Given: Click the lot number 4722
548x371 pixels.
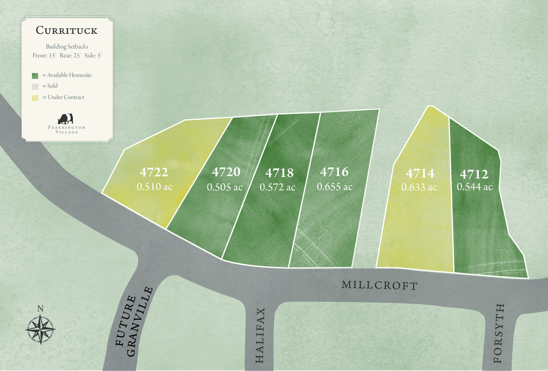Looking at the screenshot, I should point(154,172).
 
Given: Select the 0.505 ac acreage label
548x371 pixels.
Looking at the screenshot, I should point(225,187).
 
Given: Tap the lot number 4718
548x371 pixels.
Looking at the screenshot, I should point(279,173).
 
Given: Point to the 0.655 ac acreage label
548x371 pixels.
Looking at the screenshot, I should point(335,187).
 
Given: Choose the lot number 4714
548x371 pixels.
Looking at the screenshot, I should point(420,174).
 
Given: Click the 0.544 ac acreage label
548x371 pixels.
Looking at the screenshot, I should point(475,187).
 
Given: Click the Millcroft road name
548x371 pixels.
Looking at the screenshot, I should point(379,285).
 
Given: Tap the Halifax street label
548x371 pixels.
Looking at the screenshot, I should point(260,335).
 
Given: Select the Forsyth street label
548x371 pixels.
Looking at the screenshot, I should point(499,333).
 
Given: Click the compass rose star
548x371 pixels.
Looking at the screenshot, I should point(40,330).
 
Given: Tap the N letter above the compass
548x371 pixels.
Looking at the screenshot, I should point(40,308).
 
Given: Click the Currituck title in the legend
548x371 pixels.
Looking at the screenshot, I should point(67,30).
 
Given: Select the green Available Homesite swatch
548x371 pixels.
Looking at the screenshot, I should point(35,76).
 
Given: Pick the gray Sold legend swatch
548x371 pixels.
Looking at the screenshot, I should point(35,86).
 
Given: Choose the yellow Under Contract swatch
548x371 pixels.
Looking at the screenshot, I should point(35,98).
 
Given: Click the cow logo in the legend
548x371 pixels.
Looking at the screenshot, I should point(65,119).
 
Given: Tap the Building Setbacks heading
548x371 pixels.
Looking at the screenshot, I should point(67,47).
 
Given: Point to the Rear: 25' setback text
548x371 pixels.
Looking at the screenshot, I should point(70,55).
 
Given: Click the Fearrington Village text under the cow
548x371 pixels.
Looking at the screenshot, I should point(66,129).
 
